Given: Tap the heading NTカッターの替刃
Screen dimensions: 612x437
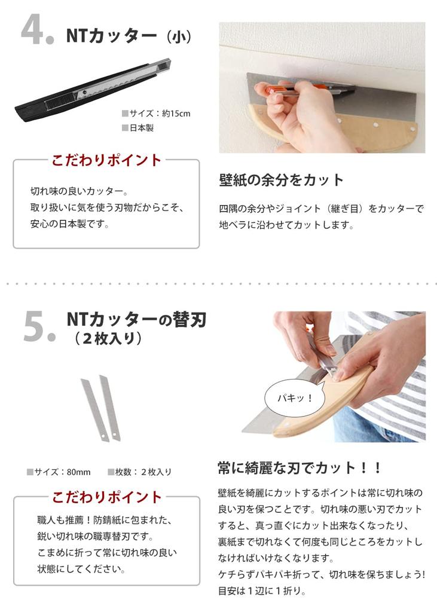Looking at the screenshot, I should [136, 320].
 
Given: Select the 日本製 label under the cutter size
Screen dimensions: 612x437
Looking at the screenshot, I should [141, 128].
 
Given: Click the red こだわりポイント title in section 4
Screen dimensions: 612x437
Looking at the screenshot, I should [106, 160].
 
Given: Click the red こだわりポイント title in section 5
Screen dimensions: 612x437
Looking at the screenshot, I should [106, 497].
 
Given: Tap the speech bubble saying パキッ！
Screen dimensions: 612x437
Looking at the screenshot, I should [294, 397].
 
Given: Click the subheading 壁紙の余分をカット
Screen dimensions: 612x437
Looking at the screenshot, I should [282, 180].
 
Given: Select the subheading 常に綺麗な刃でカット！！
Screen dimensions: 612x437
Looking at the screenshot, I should [299, 467].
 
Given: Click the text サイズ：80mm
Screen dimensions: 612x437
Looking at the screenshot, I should [63, 472].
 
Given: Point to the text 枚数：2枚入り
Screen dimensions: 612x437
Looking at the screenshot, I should [143, 472].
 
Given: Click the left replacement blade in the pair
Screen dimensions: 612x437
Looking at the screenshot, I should [95, 409].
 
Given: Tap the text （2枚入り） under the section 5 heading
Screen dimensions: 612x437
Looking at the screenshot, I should [108, 338].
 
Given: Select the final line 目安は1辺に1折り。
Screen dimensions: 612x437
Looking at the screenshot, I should [262, 592].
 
